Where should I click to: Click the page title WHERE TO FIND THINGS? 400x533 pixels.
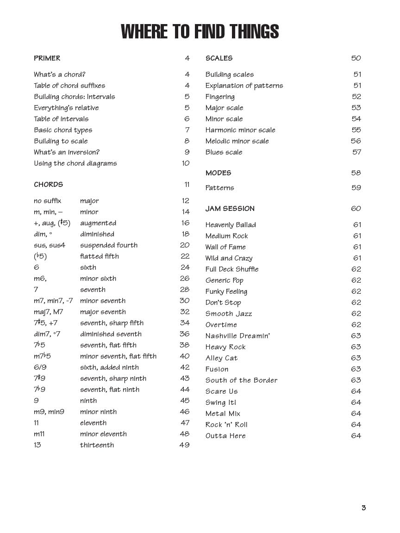click(x=200, y=32)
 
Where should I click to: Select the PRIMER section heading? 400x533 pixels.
click(x=47, y=58)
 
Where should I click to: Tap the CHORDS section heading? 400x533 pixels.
click(x=48, y=185)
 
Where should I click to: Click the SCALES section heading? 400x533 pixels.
click(x=219, y=58)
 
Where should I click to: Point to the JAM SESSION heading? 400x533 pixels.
click(x=230, y=209)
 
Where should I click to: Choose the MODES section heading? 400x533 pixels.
click(x=219, y=173)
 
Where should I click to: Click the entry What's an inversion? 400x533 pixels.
click(x=67, y=152)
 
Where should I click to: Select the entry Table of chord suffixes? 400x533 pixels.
click(x=69, y=86)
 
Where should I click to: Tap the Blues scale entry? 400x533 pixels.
click(x=224, y=152)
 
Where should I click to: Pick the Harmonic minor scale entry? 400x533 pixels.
click(x=240, y=130)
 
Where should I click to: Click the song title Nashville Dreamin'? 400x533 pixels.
click(x=238, y=336)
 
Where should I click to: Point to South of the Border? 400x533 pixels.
click(x=242, y=380)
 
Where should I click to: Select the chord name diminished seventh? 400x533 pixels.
click(x=111, y=334)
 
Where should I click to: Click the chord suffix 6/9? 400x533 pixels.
click(x=40, y=367)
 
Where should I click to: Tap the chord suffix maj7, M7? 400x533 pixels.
click(x=48, y=312)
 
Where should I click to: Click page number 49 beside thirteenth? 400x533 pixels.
click(x=184, y=445)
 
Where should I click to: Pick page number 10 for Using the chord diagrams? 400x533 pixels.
click(x=186, y=163)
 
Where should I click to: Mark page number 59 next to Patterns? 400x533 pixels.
click(x=356, y=188)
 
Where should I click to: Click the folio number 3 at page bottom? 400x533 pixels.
click(x=364, y=508)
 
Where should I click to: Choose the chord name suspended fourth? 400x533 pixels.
click(x=109, y=245)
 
